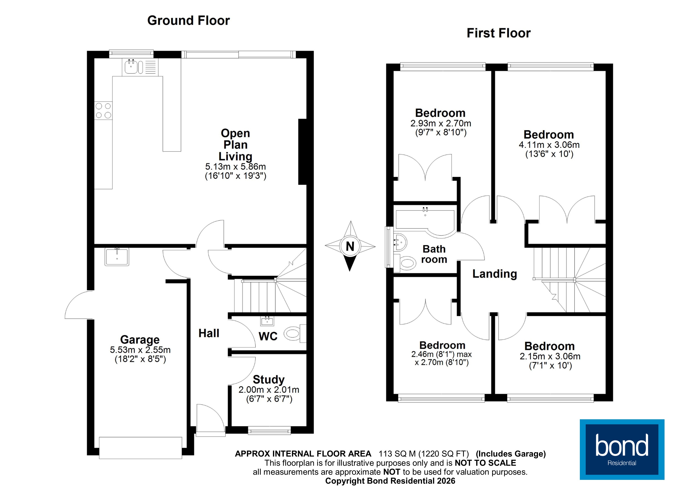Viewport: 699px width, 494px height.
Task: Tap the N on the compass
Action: point(350,246)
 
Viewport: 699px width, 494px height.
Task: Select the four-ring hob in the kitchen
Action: point(103,111)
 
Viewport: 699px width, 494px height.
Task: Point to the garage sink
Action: point(117,257)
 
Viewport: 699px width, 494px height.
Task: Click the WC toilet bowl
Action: point(292,334)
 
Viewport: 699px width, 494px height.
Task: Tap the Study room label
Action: point(269,379)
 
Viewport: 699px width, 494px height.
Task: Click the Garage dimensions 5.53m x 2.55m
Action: point(140,350)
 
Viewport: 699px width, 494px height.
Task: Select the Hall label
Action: point(209,333)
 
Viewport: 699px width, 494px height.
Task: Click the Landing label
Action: point(494,274)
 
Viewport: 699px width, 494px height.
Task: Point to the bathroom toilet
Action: point(407,263)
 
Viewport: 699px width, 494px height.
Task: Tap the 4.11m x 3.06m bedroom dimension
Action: point(549,145)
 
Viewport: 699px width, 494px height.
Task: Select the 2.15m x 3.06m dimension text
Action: point(550,356)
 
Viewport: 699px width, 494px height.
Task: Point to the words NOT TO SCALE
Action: point(485,463)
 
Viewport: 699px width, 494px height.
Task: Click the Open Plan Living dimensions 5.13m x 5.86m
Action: point(235,167)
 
